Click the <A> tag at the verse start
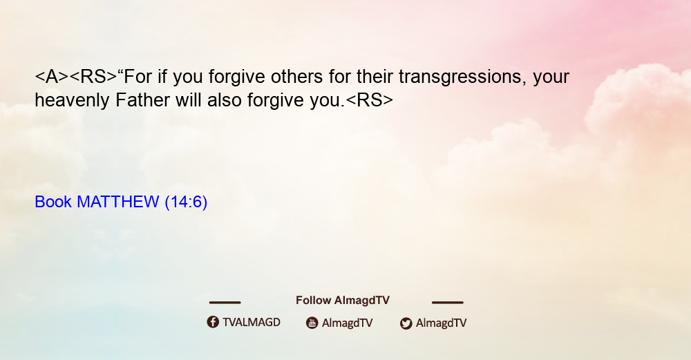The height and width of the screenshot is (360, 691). click(52, 77)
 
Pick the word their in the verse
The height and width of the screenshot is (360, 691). click(375, 77)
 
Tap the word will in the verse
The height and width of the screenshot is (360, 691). click(188, 100)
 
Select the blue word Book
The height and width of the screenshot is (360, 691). click(53, 202)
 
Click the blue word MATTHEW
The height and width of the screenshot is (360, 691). click(117, 202)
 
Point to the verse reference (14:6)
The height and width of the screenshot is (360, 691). click(186, 202)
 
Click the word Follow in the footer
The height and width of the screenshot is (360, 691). click(313, 300)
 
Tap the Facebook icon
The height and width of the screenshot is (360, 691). click(213, 322)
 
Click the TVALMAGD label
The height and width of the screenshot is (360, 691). click(252, 322)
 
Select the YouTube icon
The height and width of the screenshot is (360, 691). click(312, 323)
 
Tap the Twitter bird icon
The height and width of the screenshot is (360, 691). click(406, 323)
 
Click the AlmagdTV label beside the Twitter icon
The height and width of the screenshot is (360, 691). click(441, 323)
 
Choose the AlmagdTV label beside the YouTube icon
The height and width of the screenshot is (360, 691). click(348, 323)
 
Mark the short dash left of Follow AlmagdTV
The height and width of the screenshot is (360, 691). click(225, 302)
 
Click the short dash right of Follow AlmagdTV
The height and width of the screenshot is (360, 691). click(447, 302)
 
